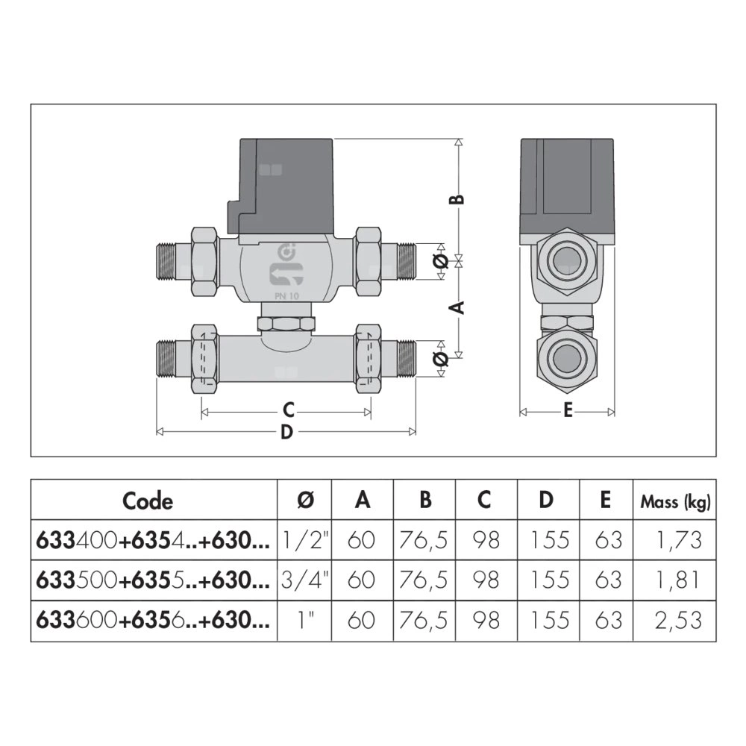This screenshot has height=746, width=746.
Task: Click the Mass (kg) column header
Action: coord(676,501)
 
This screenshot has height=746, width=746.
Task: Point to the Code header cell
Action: coord(148,501)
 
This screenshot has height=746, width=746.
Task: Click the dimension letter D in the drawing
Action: coord(286,432)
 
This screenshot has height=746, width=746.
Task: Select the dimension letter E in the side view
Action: coord(568,411)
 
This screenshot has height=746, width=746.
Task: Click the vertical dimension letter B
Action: coord(460,198)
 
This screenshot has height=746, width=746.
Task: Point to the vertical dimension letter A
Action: coord(460,307)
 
